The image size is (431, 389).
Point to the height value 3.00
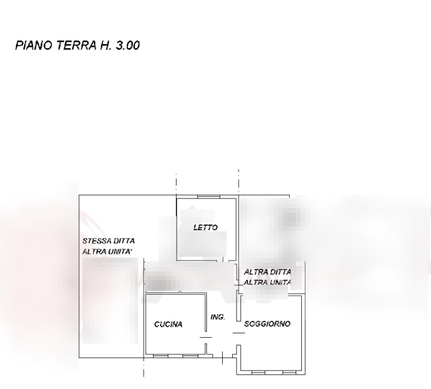pyautogui.click(x=128, y=46)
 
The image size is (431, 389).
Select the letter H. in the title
pyautogui.click(x=106, y=46)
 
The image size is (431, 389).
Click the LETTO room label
pyautogui.click(x=206, y=228)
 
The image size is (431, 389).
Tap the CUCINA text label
pyautogui.click(x=168, y=324)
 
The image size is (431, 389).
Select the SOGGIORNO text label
pyautogui.click(x=267, y=324)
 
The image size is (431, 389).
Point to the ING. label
pyautogui.click(x=217, y=316)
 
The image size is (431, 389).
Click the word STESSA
pyautogui.click(x=97, y=242)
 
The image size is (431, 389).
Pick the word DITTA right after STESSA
pyautogui.click(x=124, y=242)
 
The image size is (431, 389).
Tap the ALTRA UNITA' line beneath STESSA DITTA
pyautogui.click(x=108, y=252)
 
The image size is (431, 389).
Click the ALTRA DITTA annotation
pyautogui.click(x=267, y=271)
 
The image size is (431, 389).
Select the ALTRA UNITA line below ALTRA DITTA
pyautogui.click(x=267, y=282)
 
